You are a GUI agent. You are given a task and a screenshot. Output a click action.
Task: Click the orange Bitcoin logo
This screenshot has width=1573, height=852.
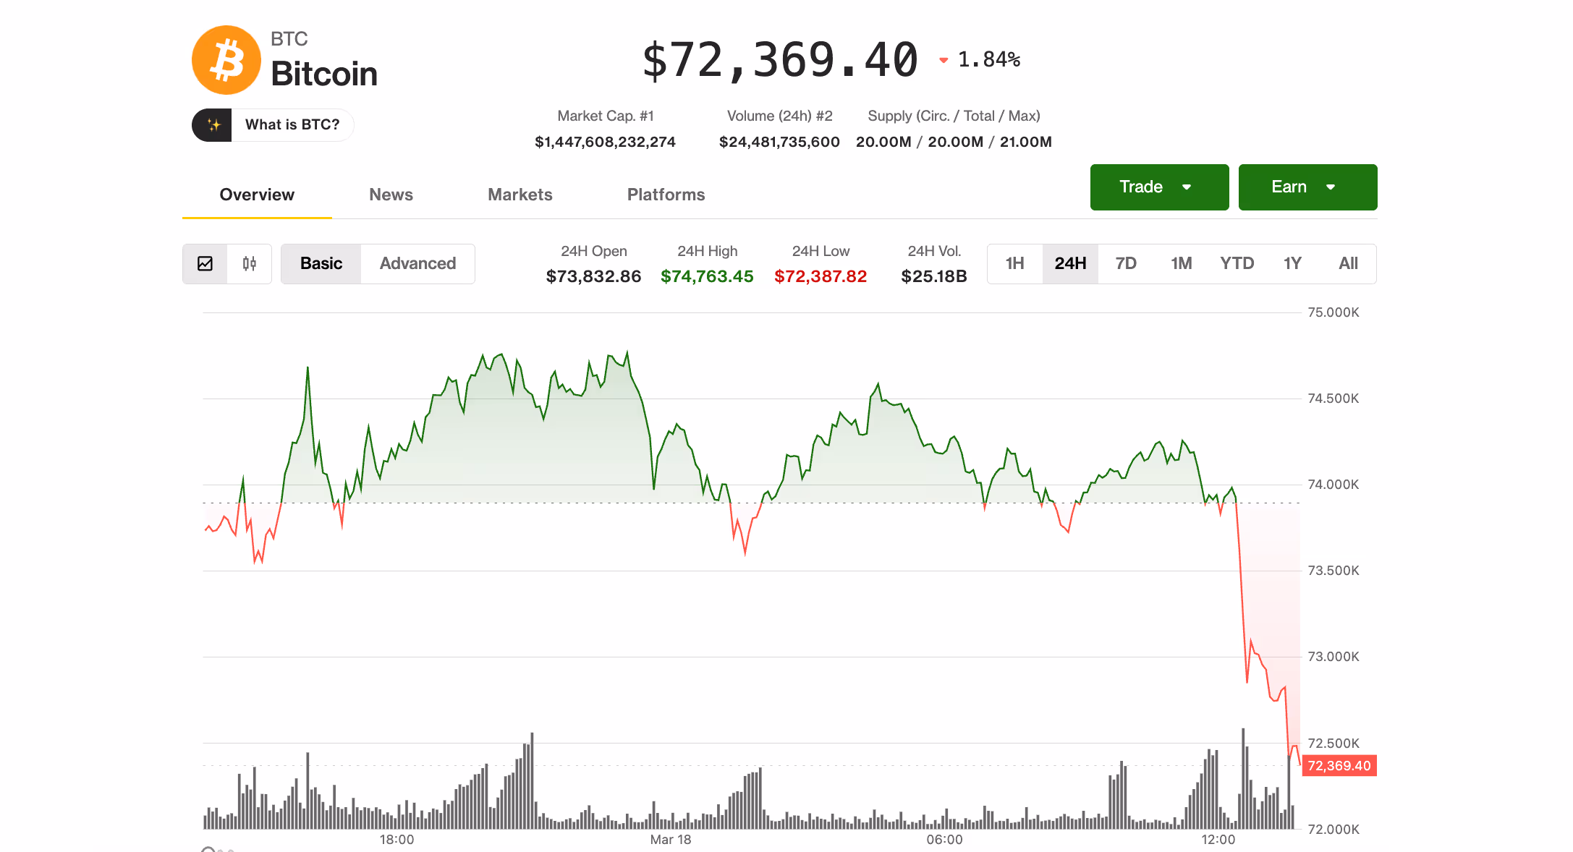point(226,60)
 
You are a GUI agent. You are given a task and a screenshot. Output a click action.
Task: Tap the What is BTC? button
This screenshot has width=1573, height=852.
point(273,125)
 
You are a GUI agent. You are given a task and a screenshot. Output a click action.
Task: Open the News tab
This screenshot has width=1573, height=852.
point(391,195)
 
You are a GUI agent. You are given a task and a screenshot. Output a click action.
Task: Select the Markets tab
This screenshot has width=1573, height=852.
point(520,195)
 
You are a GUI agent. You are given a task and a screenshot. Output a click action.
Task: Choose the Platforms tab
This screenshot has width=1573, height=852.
point(666,195)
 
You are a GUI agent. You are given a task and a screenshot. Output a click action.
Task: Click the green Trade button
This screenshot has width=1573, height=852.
point(1158,187)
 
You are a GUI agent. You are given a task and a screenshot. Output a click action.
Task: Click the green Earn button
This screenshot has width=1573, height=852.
point(1307,187)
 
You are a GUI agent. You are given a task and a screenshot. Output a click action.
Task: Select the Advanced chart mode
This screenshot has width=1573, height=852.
point(417,264)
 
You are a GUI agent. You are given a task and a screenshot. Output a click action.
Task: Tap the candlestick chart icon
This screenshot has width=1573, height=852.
point(250,264)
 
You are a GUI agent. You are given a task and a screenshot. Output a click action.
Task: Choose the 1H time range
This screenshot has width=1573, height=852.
point(1014,264)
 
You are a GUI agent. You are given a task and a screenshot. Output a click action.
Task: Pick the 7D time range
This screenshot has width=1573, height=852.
point(1126,264)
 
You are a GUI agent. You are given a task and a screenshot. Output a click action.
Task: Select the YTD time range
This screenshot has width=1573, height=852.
point(1237,264)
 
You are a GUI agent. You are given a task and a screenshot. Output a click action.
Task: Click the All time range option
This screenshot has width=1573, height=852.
point(1348,264)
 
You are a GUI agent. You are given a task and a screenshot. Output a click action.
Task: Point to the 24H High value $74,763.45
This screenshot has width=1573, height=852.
point(707,276)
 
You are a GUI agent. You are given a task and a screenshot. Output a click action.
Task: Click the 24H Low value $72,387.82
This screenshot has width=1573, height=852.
point(821,276)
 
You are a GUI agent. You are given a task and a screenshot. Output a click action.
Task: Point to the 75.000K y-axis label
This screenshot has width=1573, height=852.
point(1333,312)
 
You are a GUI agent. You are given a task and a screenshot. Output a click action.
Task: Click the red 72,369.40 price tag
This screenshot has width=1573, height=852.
point(1339,766)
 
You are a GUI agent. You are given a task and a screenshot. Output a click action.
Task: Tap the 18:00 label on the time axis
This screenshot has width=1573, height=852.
point(397,840)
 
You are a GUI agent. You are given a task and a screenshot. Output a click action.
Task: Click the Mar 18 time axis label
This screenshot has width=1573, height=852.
point(670,840)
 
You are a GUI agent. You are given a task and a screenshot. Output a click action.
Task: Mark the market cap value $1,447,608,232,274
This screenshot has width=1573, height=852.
point(605,142)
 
